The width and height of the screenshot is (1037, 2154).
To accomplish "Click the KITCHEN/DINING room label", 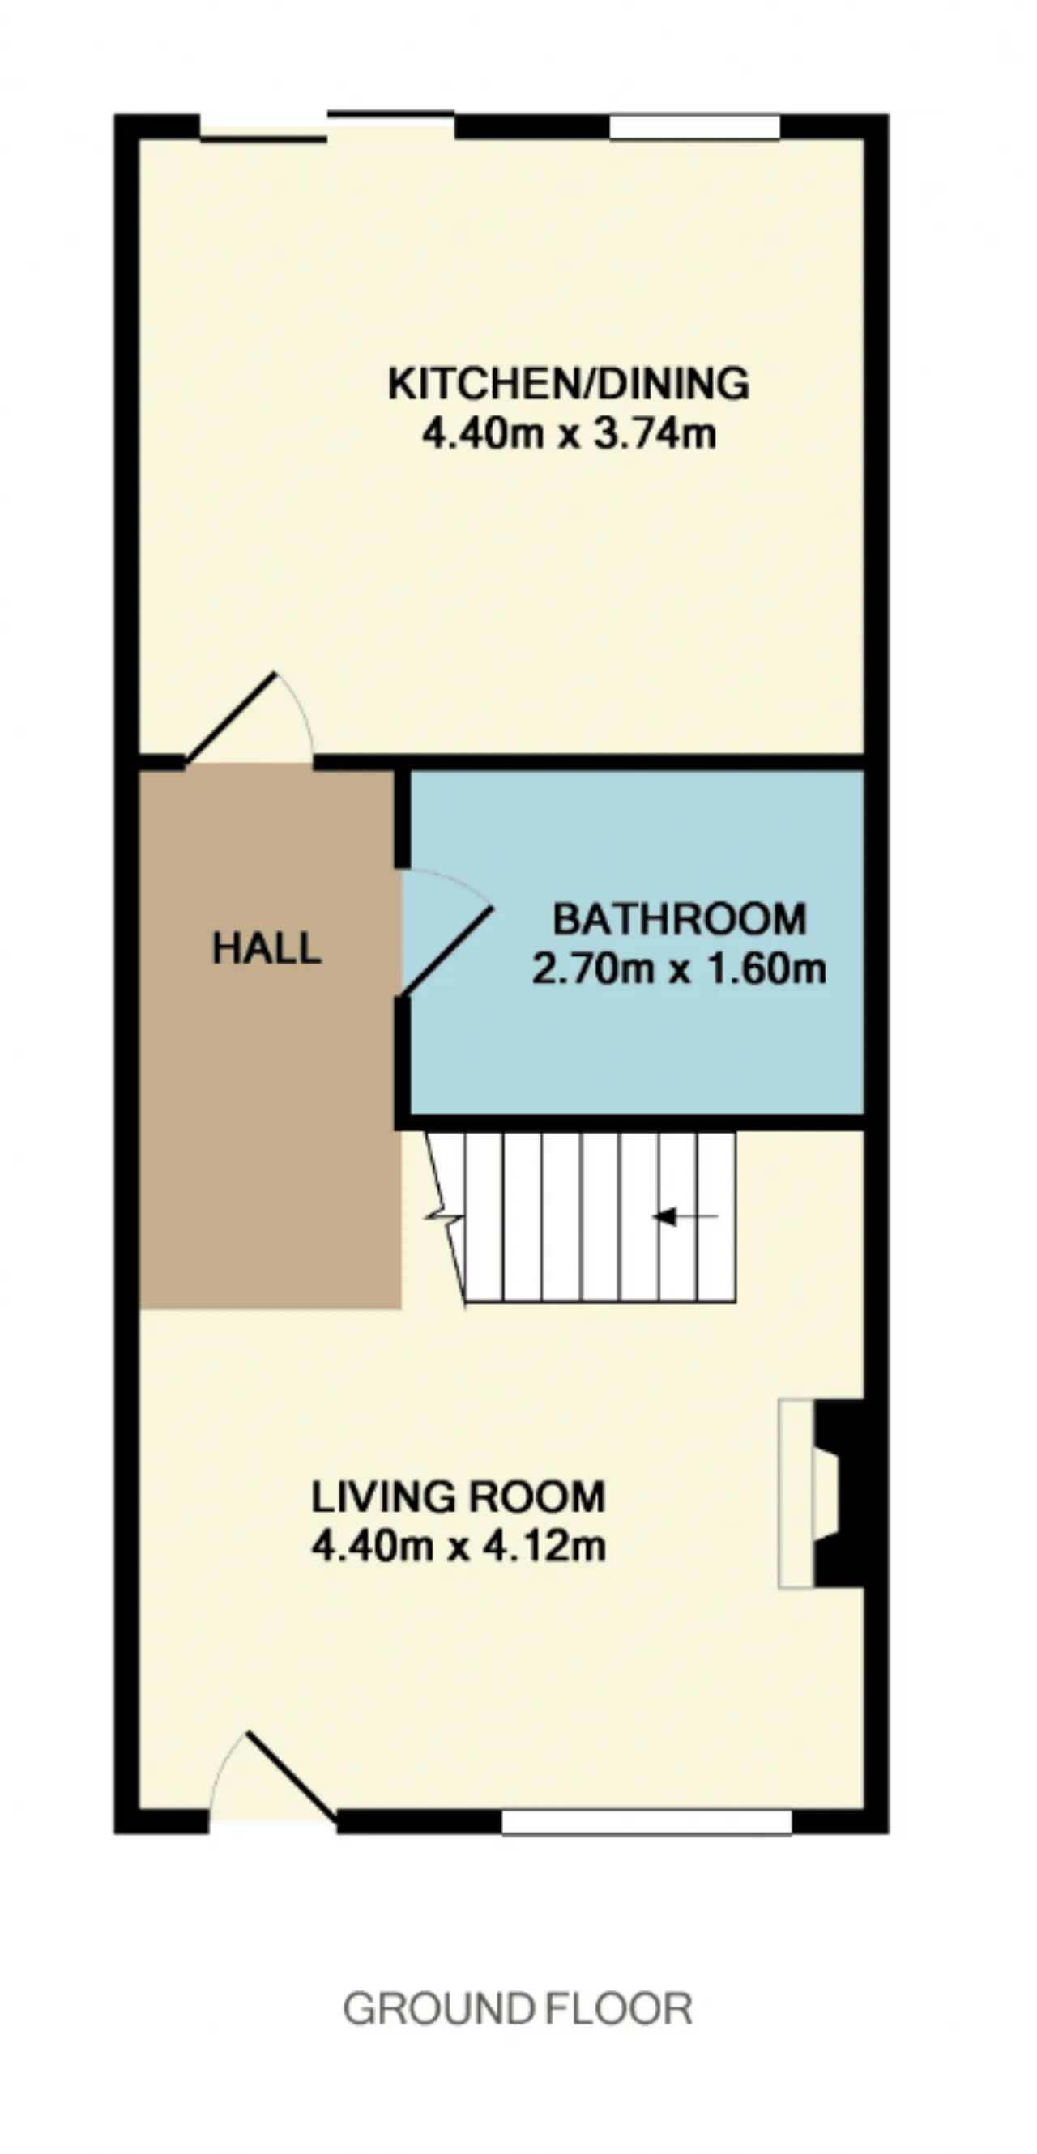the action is [x=569, y=384].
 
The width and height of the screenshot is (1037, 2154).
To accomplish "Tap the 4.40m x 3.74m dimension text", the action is [x=569, y=434].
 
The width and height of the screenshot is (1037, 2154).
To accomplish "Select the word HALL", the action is [x=267, y=948].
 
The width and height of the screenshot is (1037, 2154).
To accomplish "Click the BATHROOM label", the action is [x=679, y=919].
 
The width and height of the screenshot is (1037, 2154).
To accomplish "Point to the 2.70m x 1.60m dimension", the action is [x=679, y=969].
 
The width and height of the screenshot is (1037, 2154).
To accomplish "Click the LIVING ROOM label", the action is [x=459, y=1496].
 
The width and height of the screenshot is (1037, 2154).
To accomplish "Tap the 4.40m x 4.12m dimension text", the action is [x=459, y=1546].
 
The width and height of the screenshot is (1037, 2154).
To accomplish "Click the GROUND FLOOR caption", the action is [x=518, y=2008].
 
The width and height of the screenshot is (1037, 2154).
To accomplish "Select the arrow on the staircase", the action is [x=684, y=1216].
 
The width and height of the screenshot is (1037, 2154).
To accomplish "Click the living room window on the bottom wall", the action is [x=647, y=1821].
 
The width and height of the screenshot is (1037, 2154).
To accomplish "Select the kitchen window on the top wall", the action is [x=695, y=127].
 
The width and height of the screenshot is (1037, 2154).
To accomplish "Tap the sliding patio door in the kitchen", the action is [x=327, y=126].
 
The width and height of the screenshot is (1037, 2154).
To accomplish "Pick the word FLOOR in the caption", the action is [x=619, y=2008].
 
